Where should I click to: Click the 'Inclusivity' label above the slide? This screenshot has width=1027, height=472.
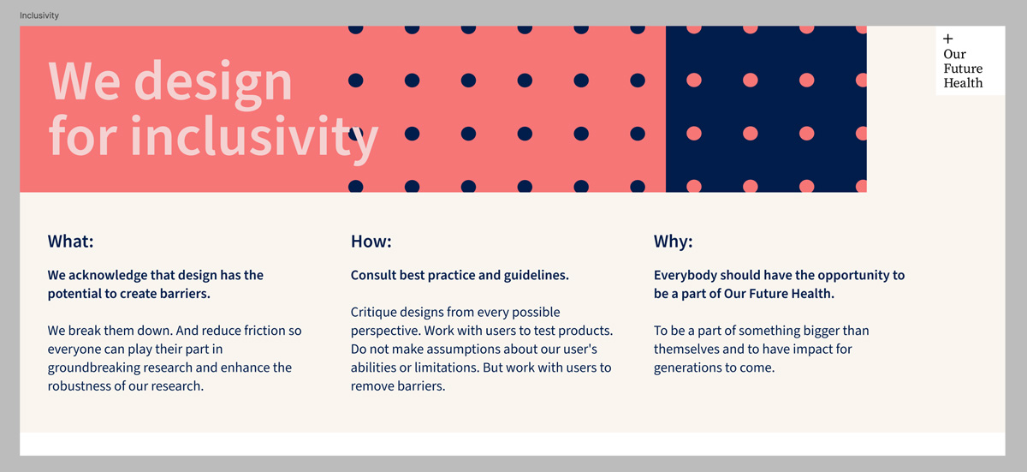39,15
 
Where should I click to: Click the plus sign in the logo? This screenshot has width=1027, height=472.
948,39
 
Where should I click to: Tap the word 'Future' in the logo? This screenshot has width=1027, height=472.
963,69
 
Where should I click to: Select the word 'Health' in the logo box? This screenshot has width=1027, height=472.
963,83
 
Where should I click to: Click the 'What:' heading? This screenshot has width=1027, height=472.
70,242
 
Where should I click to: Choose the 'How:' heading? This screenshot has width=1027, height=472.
371,242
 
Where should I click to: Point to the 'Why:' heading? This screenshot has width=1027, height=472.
673,242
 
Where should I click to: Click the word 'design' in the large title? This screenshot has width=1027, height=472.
213,82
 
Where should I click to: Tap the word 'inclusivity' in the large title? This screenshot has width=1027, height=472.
254,136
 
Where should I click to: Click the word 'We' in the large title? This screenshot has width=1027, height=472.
85,81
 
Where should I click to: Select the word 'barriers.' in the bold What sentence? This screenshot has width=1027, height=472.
185,294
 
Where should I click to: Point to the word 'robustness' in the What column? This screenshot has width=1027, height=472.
79,386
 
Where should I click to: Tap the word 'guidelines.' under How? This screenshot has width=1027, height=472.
537,275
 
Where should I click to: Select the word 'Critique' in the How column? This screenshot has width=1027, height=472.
374,313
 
